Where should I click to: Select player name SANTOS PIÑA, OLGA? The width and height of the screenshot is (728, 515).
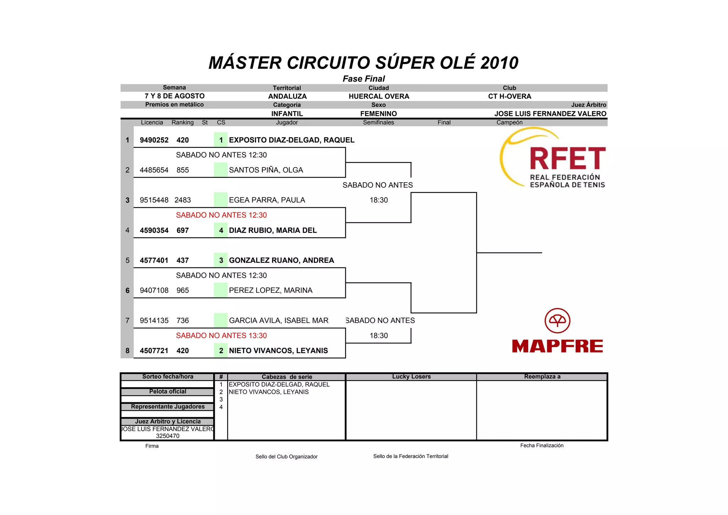(266, 170)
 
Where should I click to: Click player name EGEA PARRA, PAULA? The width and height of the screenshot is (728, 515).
(267, 200)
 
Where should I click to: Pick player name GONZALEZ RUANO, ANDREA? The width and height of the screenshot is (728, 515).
(281, 260)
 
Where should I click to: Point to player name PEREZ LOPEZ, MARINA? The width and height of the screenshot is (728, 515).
(271, 290)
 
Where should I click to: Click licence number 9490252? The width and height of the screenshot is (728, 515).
(154, 140)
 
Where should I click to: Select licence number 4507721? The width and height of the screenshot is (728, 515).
(154, 351)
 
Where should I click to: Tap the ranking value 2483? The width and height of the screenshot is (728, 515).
(183, 200)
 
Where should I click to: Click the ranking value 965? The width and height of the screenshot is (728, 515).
(183, 290)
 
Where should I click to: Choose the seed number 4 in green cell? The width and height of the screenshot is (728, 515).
(221, 230)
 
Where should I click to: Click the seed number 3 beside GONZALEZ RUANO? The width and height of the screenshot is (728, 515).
(221, 260)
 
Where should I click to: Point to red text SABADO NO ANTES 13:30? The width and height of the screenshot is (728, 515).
(221, 335)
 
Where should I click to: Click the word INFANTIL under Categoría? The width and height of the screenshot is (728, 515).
(287, 114)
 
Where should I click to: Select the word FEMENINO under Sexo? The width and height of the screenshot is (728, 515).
(379, 114)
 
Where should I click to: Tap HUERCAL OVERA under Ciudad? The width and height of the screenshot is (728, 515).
(379, 96)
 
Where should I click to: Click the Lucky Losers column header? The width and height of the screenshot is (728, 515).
(411, 377)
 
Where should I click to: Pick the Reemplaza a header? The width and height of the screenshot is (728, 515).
(542, 377)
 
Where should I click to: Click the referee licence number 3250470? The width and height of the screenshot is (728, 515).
(168, 436)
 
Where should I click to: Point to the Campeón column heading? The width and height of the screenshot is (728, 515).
(509, 123)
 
